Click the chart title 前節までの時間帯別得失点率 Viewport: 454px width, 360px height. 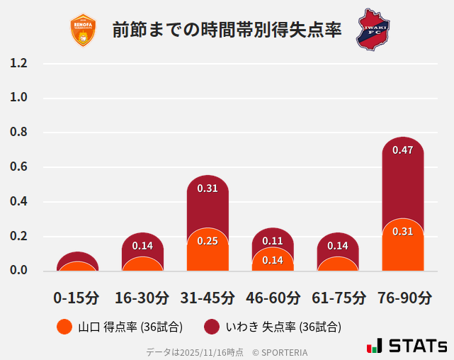[x=227, y=30]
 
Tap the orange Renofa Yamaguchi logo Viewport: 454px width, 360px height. [x=83, y=30]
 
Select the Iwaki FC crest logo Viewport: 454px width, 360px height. [x=373, y=29]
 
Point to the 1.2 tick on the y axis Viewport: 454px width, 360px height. [x=18, y=64]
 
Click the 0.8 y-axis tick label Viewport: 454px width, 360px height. [x=18, y=133]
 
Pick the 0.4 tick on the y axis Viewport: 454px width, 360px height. [x=18, y=202]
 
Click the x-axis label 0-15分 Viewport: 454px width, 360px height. [x=76, y=298]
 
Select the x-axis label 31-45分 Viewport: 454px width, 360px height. [x=208, y=298]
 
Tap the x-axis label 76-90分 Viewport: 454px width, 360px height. [x=403, y=298]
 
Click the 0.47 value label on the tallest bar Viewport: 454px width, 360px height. [x=402, y=150]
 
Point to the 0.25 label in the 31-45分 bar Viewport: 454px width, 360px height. [x=208, y=241]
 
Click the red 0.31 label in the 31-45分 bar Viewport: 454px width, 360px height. [x=208, y=189]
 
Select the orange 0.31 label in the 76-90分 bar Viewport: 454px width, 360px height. [x=402, y=232]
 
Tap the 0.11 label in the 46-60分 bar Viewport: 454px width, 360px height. [x=273, y=241]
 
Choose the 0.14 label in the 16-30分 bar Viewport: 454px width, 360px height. [x=142, y=246]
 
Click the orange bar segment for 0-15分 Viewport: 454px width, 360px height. [x=77, y=266]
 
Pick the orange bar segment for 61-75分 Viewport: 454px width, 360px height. [x=338, y=264]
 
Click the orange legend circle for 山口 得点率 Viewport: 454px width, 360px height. [x=64, y=327]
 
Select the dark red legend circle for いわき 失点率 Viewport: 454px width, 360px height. [x=212, y=327]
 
